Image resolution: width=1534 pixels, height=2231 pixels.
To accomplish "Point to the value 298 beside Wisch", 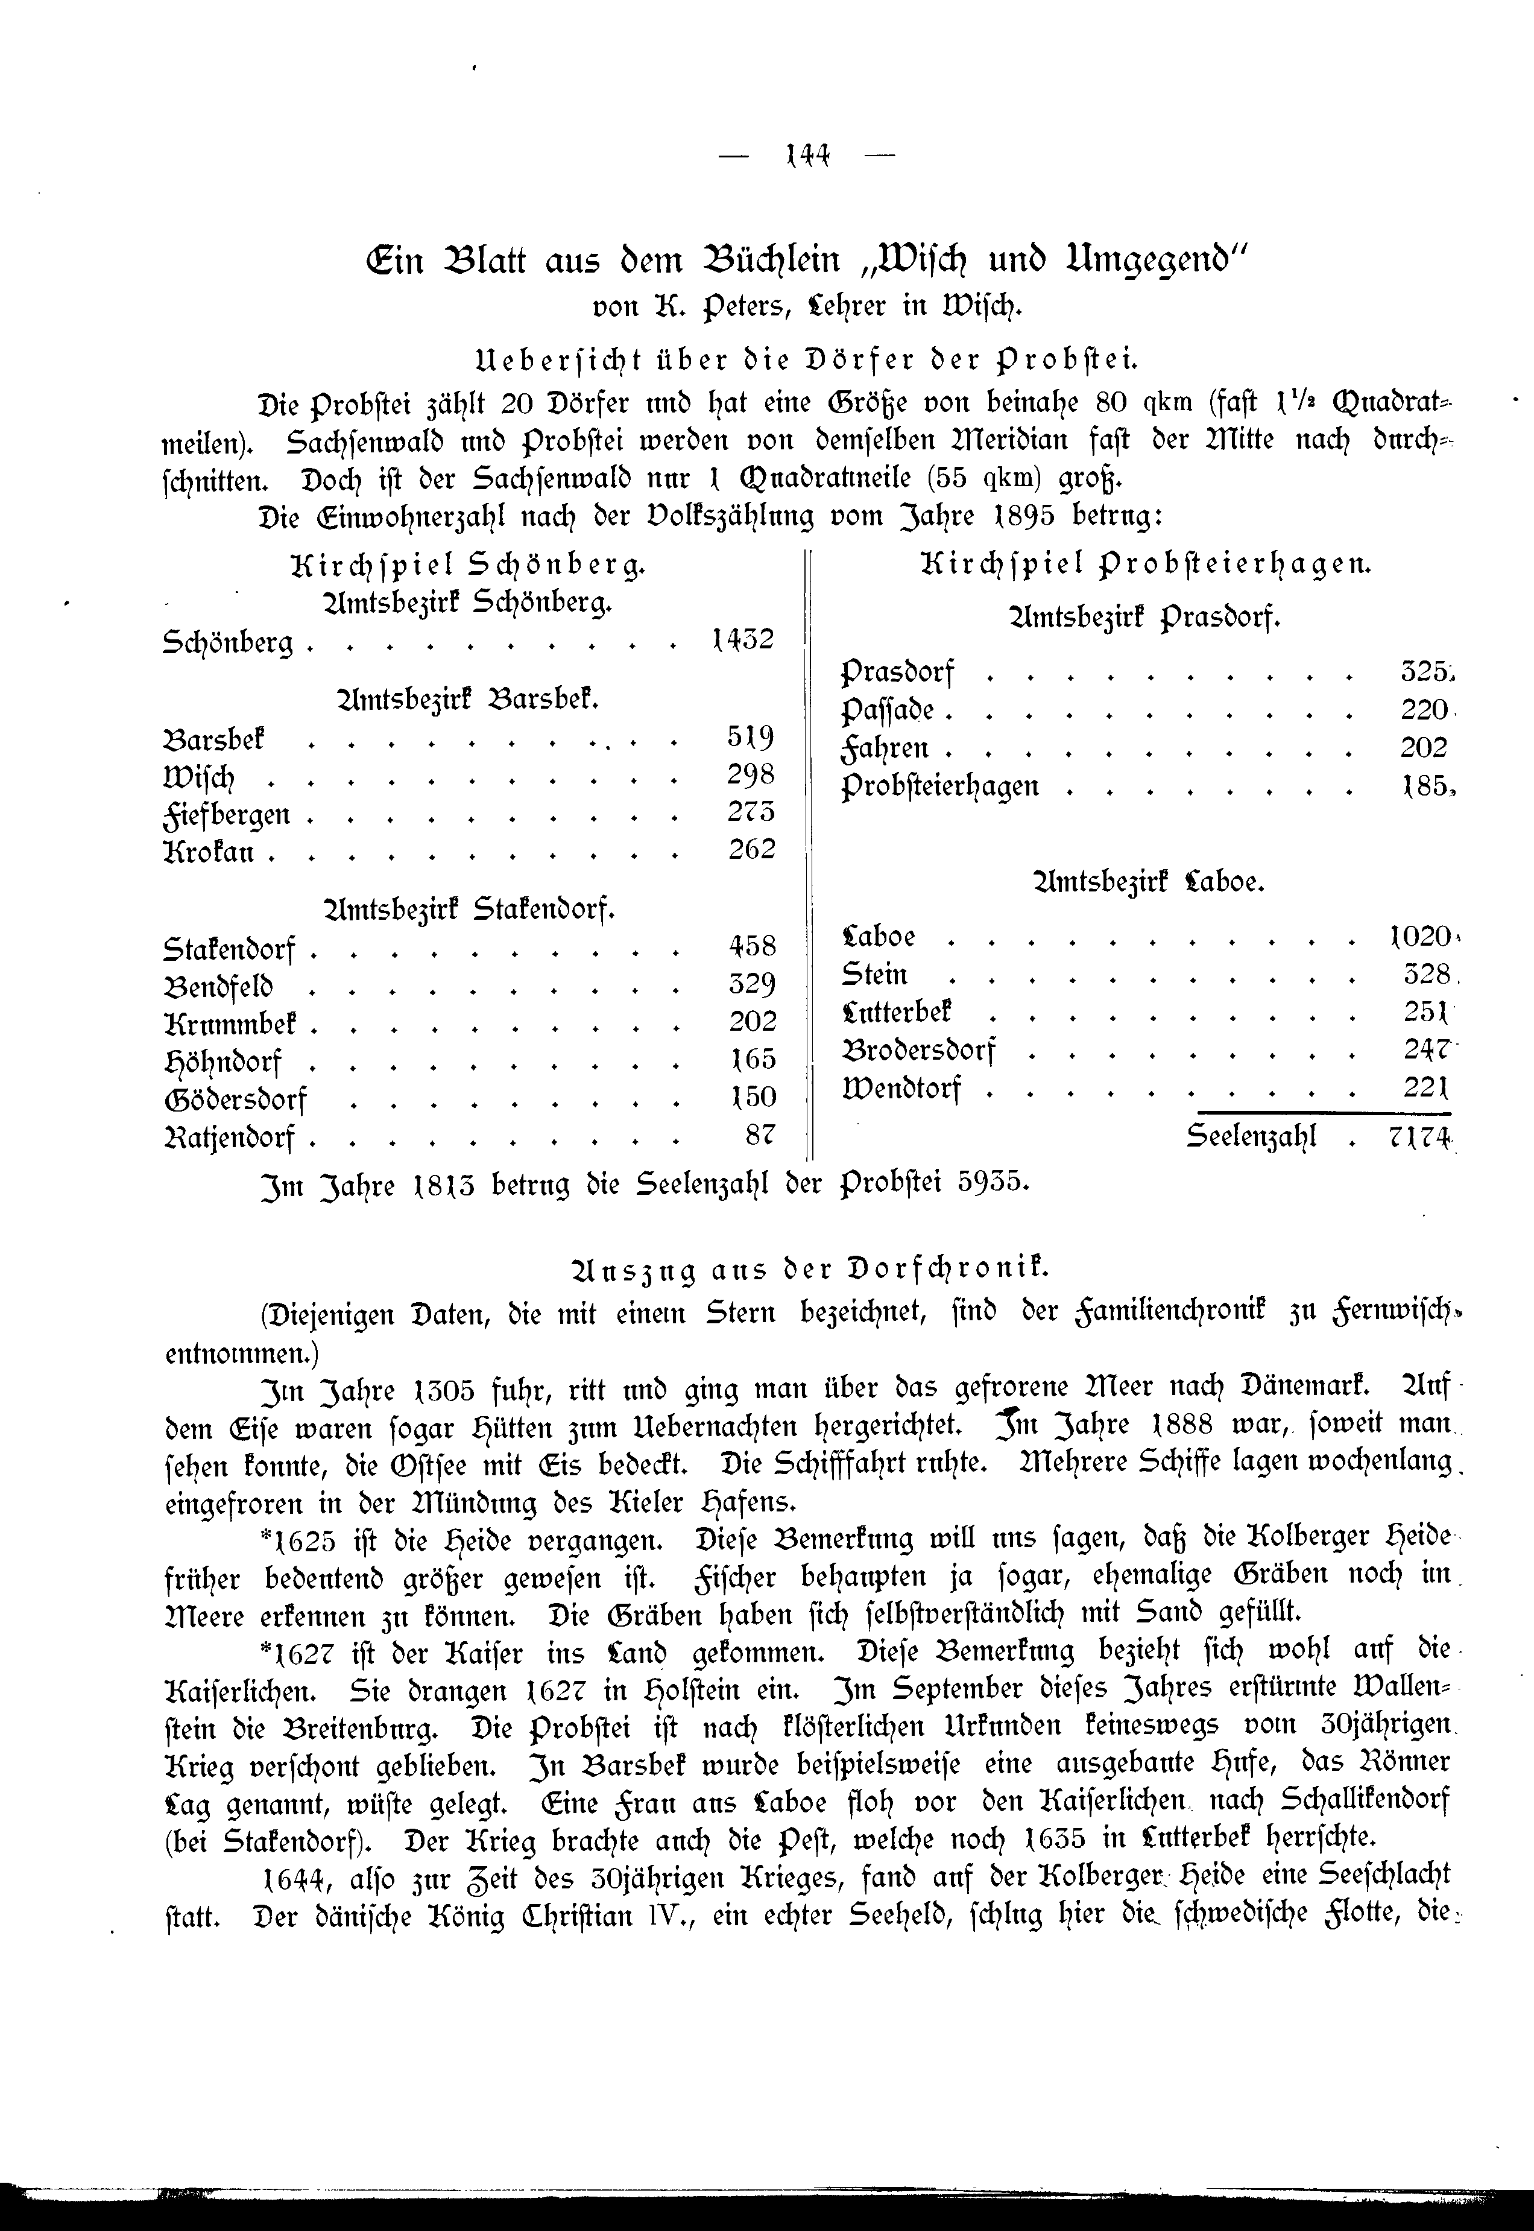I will [x=751, y=775].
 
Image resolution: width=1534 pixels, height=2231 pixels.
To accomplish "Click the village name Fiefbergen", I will [x=227, y=815].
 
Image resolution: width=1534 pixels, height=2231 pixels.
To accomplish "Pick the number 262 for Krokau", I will [x=751, y=850].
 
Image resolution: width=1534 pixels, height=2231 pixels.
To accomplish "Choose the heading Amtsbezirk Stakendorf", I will [x=471, y=908].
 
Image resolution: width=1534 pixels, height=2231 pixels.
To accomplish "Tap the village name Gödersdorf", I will [x=236, y=1099].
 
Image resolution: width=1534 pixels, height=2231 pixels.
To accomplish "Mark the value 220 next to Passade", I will [x=1424, y=710].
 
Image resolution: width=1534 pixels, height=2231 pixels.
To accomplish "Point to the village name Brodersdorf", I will [x=919, y=1049].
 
